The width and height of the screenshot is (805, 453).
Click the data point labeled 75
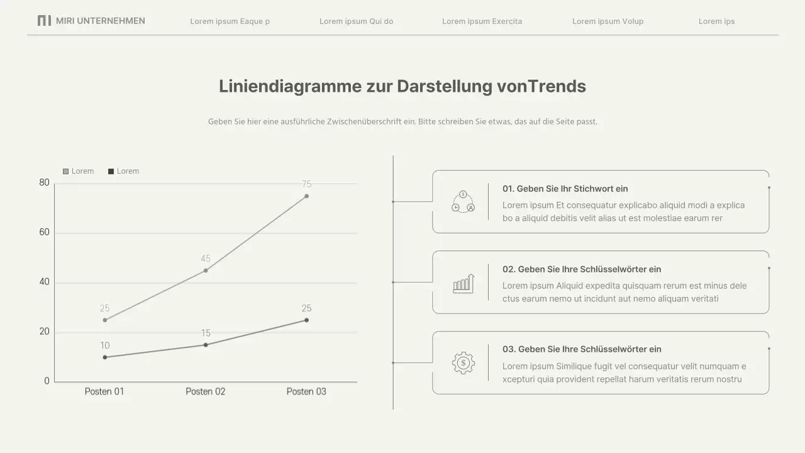click(306, 196)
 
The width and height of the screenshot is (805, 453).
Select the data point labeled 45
click(206, 271)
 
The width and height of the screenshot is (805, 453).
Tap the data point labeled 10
click(105, 357)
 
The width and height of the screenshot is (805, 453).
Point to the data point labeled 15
click(206, 345)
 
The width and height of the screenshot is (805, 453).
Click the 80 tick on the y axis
click(44, 183)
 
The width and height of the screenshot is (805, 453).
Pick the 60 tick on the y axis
click(44, 233)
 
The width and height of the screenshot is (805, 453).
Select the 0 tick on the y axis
click(47, 381)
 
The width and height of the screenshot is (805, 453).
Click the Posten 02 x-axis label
click(205, 391)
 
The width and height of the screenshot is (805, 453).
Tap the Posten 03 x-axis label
click(306, 391)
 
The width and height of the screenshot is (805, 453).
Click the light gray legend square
click(65, 171)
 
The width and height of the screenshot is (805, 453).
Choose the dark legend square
click(111, 171)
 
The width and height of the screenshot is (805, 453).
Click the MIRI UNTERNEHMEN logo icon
click(44, 21)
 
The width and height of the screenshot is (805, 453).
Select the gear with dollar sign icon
click(464, 363)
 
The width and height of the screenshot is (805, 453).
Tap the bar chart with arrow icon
click(464, 283)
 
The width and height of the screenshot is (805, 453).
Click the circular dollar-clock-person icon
click(464, 202)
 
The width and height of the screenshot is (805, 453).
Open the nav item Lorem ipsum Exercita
click(482, 21)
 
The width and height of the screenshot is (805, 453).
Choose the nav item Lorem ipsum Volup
click(608, 21)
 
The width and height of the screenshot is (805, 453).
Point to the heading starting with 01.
click(565, 189)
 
